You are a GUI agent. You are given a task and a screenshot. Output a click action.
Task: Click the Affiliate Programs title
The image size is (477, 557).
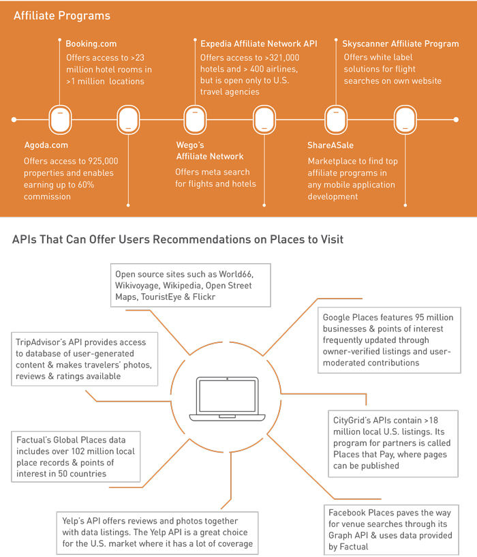62,16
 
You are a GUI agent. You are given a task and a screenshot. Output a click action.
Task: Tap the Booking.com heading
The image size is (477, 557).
91,44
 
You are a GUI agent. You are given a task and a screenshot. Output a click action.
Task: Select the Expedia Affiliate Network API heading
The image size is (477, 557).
258,44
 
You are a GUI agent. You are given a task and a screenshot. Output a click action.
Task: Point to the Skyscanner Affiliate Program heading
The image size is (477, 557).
400,44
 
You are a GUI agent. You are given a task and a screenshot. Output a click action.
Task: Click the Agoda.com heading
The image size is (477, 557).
46,145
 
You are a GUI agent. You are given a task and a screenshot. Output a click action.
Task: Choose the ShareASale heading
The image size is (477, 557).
330,145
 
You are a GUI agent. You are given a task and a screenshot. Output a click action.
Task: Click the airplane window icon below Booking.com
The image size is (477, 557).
60,120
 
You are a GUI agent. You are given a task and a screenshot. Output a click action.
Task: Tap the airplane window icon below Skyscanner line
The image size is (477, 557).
336,120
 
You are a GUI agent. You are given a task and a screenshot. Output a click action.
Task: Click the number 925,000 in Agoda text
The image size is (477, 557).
103,161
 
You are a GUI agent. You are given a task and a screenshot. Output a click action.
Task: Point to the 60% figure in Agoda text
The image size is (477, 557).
86,185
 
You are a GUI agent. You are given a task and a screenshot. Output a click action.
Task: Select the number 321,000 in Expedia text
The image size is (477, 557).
284,57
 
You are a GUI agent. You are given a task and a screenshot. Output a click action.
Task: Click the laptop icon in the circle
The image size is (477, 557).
228,400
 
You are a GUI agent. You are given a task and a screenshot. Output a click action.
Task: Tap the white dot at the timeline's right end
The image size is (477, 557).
456,120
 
